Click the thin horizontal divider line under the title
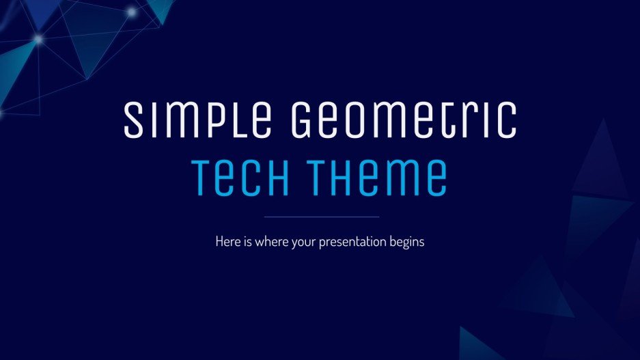pyautogui.click(x=321, y=217)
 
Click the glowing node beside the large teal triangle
pyautogui.click(x=39, y=39)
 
